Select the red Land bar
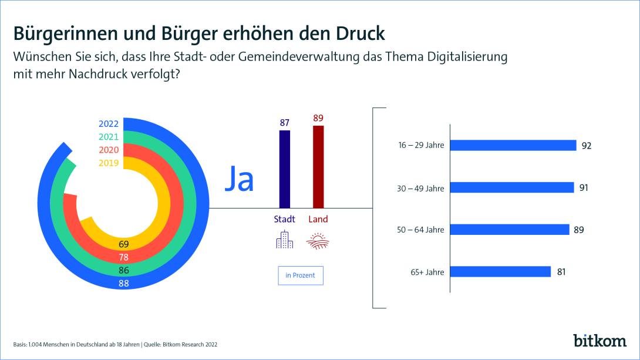click(x=318, y=167)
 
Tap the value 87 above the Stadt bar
click(x=284, y=123)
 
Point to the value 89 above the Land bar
click(x=318, y=118)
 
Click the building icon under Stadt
click(x=284, y=240)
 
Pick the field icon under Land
click(x=318, y=241)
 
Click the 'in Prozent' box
click(x=301, y=275)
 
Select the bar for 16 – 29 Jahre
click(x=513, y=145)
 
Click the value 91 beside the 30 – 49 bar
click(x=583, y=188)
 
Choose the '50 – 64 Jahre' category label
click(x=421, y=230)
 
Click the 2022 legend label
click(x=109, y=124)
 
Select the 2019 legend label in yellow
click(x=109, y=163)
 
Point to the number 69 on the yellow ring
click(x=123, y=244)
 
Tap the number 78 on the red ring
click(x=123, y=257)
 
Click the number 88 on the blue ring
click(x=123, y=283)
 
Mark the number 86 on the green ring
click(x=123, y=270)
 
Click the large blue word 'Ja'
click(x=240, y=180)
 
